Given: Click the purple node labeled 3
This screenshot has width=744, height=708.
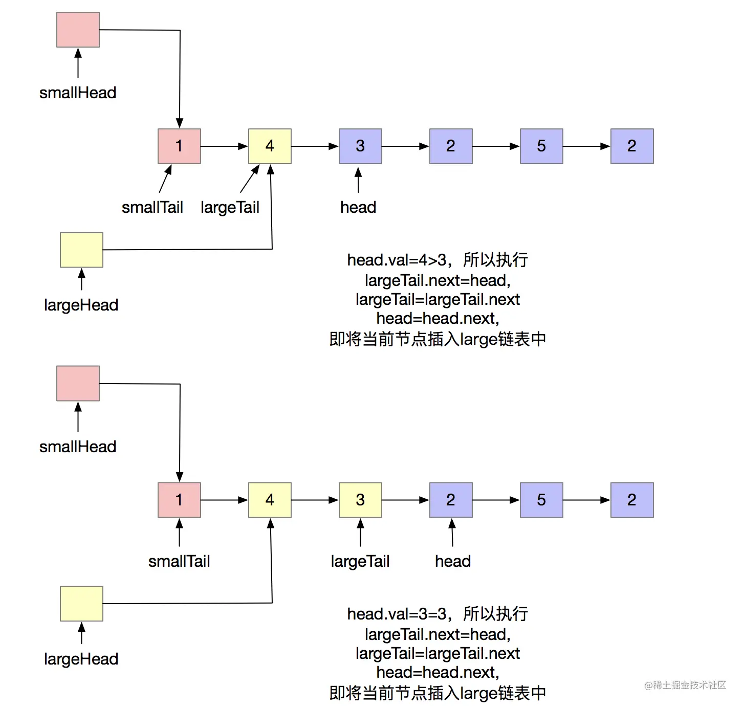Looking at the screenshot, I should [360, 146].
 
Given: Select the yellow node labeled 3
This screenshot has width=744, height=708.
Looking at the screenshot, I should [360, 500].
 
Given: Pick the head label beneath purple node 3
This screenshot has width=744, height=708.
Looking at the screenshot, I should [358, 207].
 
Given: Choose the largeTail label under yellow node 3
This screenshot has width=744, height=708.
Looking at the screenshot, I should [360, 561].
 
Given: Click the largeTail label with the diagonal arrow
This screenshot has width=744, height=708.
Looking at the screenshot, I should [230, 207].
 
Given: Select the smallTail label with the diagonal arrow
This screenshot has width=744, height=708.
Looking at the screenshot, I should [152, 207].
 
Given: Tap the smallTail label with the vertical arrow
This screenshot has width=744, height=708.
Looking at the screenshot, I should [179, 561].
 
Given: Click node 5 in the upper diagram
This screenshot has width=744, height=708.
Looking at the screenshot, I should [541, 146].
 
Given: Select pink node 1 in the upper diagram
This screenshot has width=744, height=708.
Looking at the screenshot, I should [179, 146].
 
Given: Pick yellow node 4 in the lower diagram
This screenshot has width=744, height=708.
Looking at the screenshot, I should [270, 500].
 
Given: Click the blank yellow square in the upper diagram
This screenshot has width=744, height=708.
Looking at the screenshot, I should [81, 250].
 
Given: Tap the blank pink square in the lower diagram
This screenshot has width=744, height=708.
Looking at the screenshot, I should [78, 383].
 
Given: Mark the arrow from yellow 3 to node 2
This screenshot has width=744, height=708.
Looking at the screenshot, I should [405, 500].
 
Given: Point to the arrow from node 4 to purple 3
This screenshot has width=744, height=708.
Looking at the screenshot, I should [315, 146].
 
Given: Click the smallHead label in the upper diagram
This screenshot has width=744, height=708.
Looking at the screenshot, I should [78, 93].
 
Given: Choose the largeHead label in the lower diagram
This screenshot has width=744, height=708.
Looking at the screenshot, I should [81, 659].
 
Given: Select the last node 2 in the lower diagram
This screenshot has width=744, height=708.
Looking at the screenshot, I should [632, 500].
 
